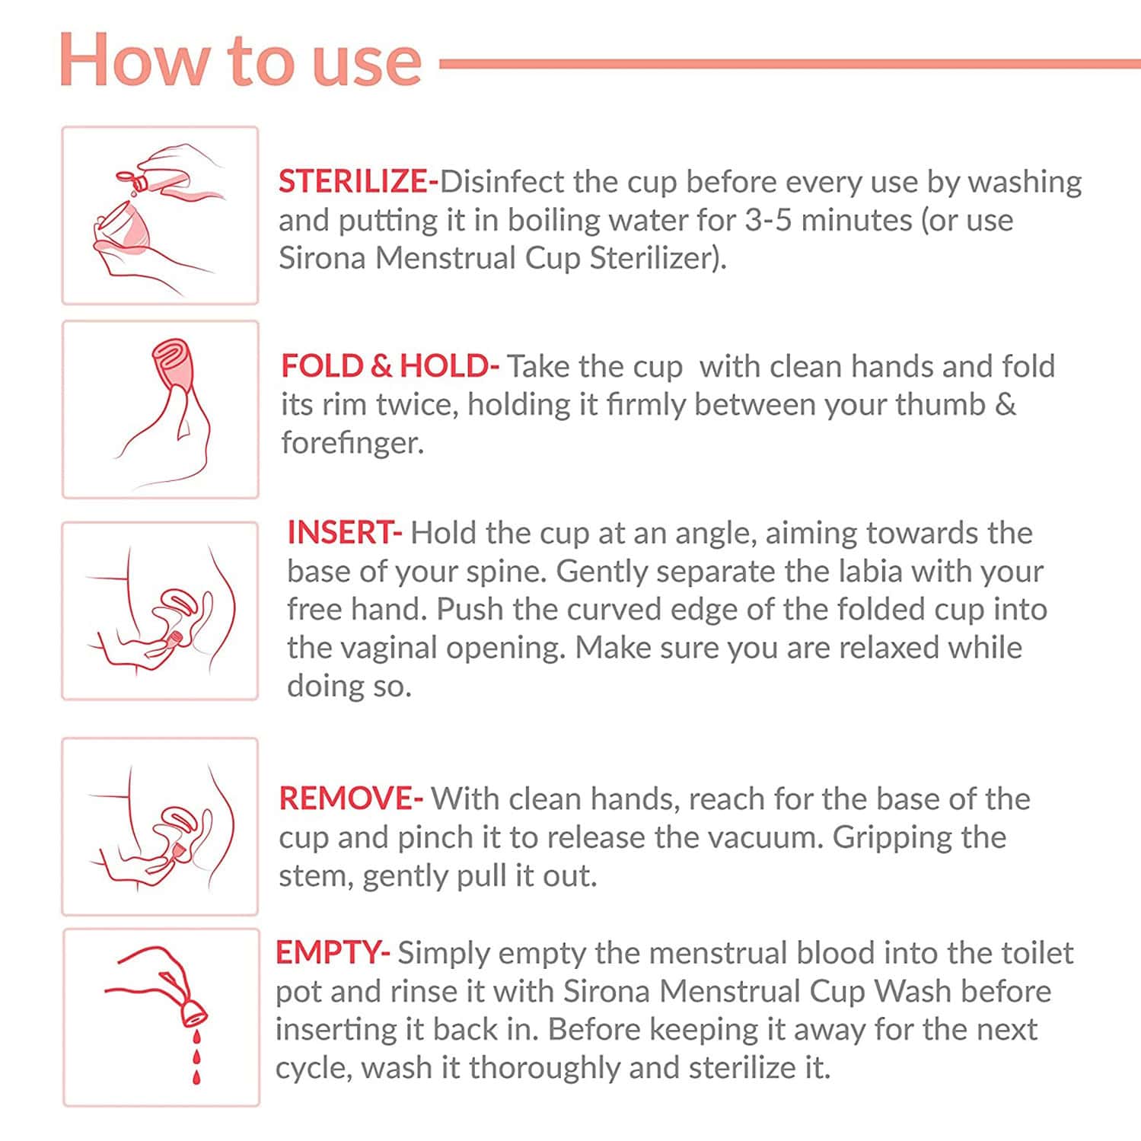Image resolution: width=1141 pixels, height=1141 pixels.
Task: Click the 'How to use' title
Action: coord(240,61)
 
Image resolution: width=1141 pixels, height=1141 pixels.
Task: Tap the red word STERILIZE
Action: coord(354,182)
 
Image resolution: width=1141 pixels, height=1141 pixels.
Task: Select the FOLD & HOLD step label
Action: coord(387,366)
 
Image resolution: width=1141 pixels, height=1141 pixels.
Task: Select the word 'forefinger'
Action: coord(351,443)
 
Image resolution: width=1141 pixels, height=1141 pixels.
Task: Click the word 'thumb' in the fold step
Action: coord(939,405)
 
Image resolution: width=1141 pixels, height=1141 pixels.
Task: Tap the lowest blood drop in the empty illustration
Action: coord(196,1077)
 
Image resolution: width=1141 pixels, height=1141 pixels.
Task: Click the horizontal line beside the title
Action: coord(788,64)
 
